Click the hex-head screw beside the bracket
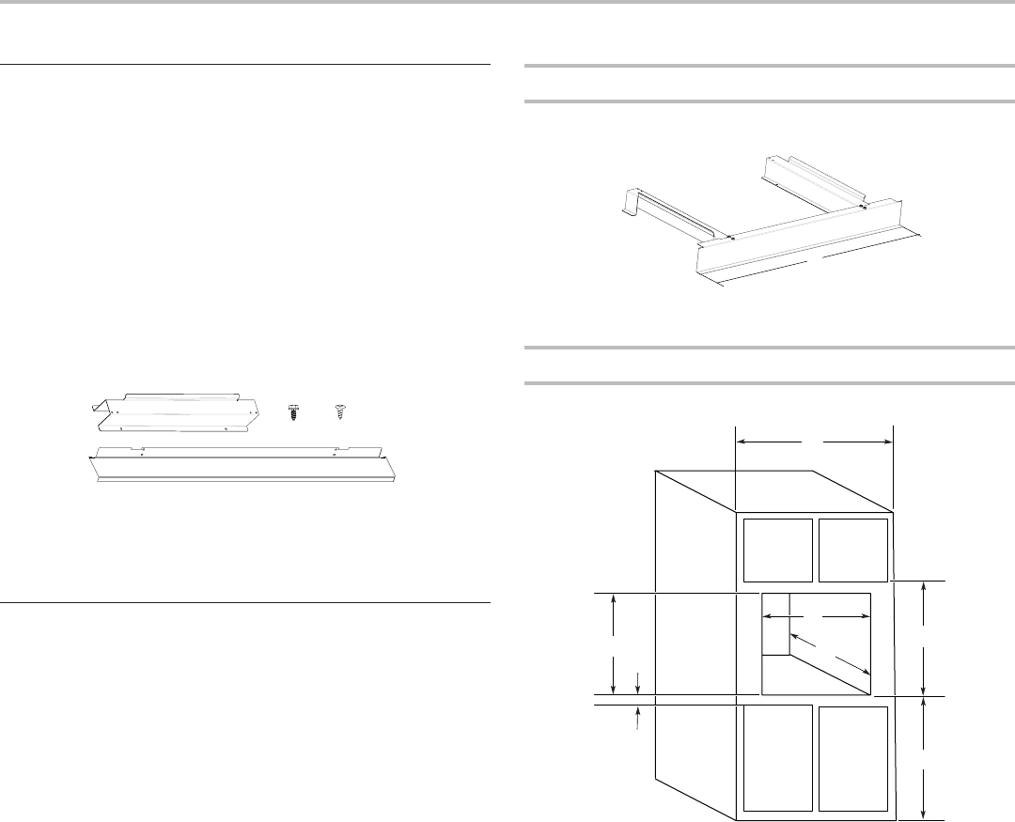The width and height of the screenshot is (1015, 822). pos(291,411)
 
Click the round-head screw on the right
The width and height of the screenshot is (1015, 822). pos(340,411)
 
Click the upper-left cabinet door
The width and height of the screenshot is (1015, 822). pos(778,550)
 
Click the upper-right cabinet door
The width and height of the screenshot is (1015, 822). pos(853,550)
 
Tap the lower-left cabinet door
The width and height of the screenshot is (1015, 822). pos(778,757)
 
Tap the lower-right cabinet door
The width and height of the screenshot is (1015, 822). pos(853,757)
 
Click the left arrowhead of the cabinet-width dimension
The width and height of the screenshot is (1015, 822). pos(741,439)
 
